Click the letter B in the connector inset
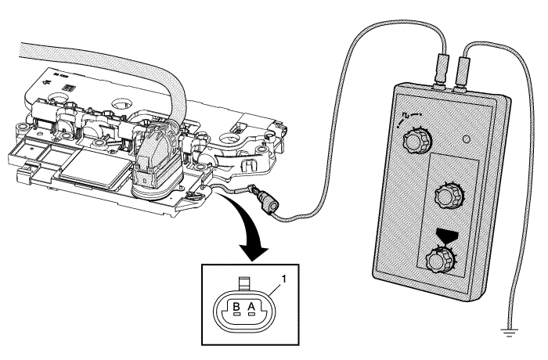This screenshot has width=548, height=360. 234,306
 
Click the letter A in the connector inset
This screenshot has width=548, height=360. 251,306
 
